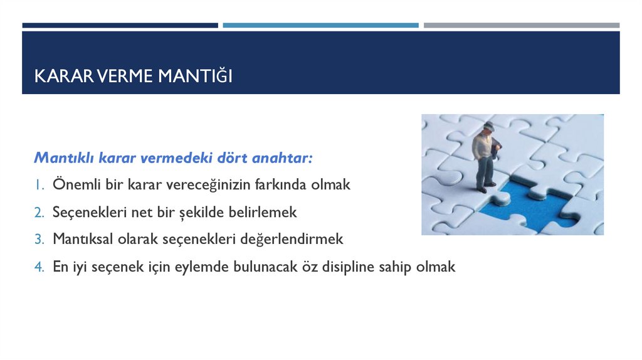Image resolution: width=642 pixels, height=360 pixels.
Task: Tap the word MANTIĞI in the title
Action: click(x=195, y=76)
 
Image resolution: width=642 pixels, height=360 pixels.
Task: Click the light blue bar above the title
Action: click(x=320, y=25)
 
